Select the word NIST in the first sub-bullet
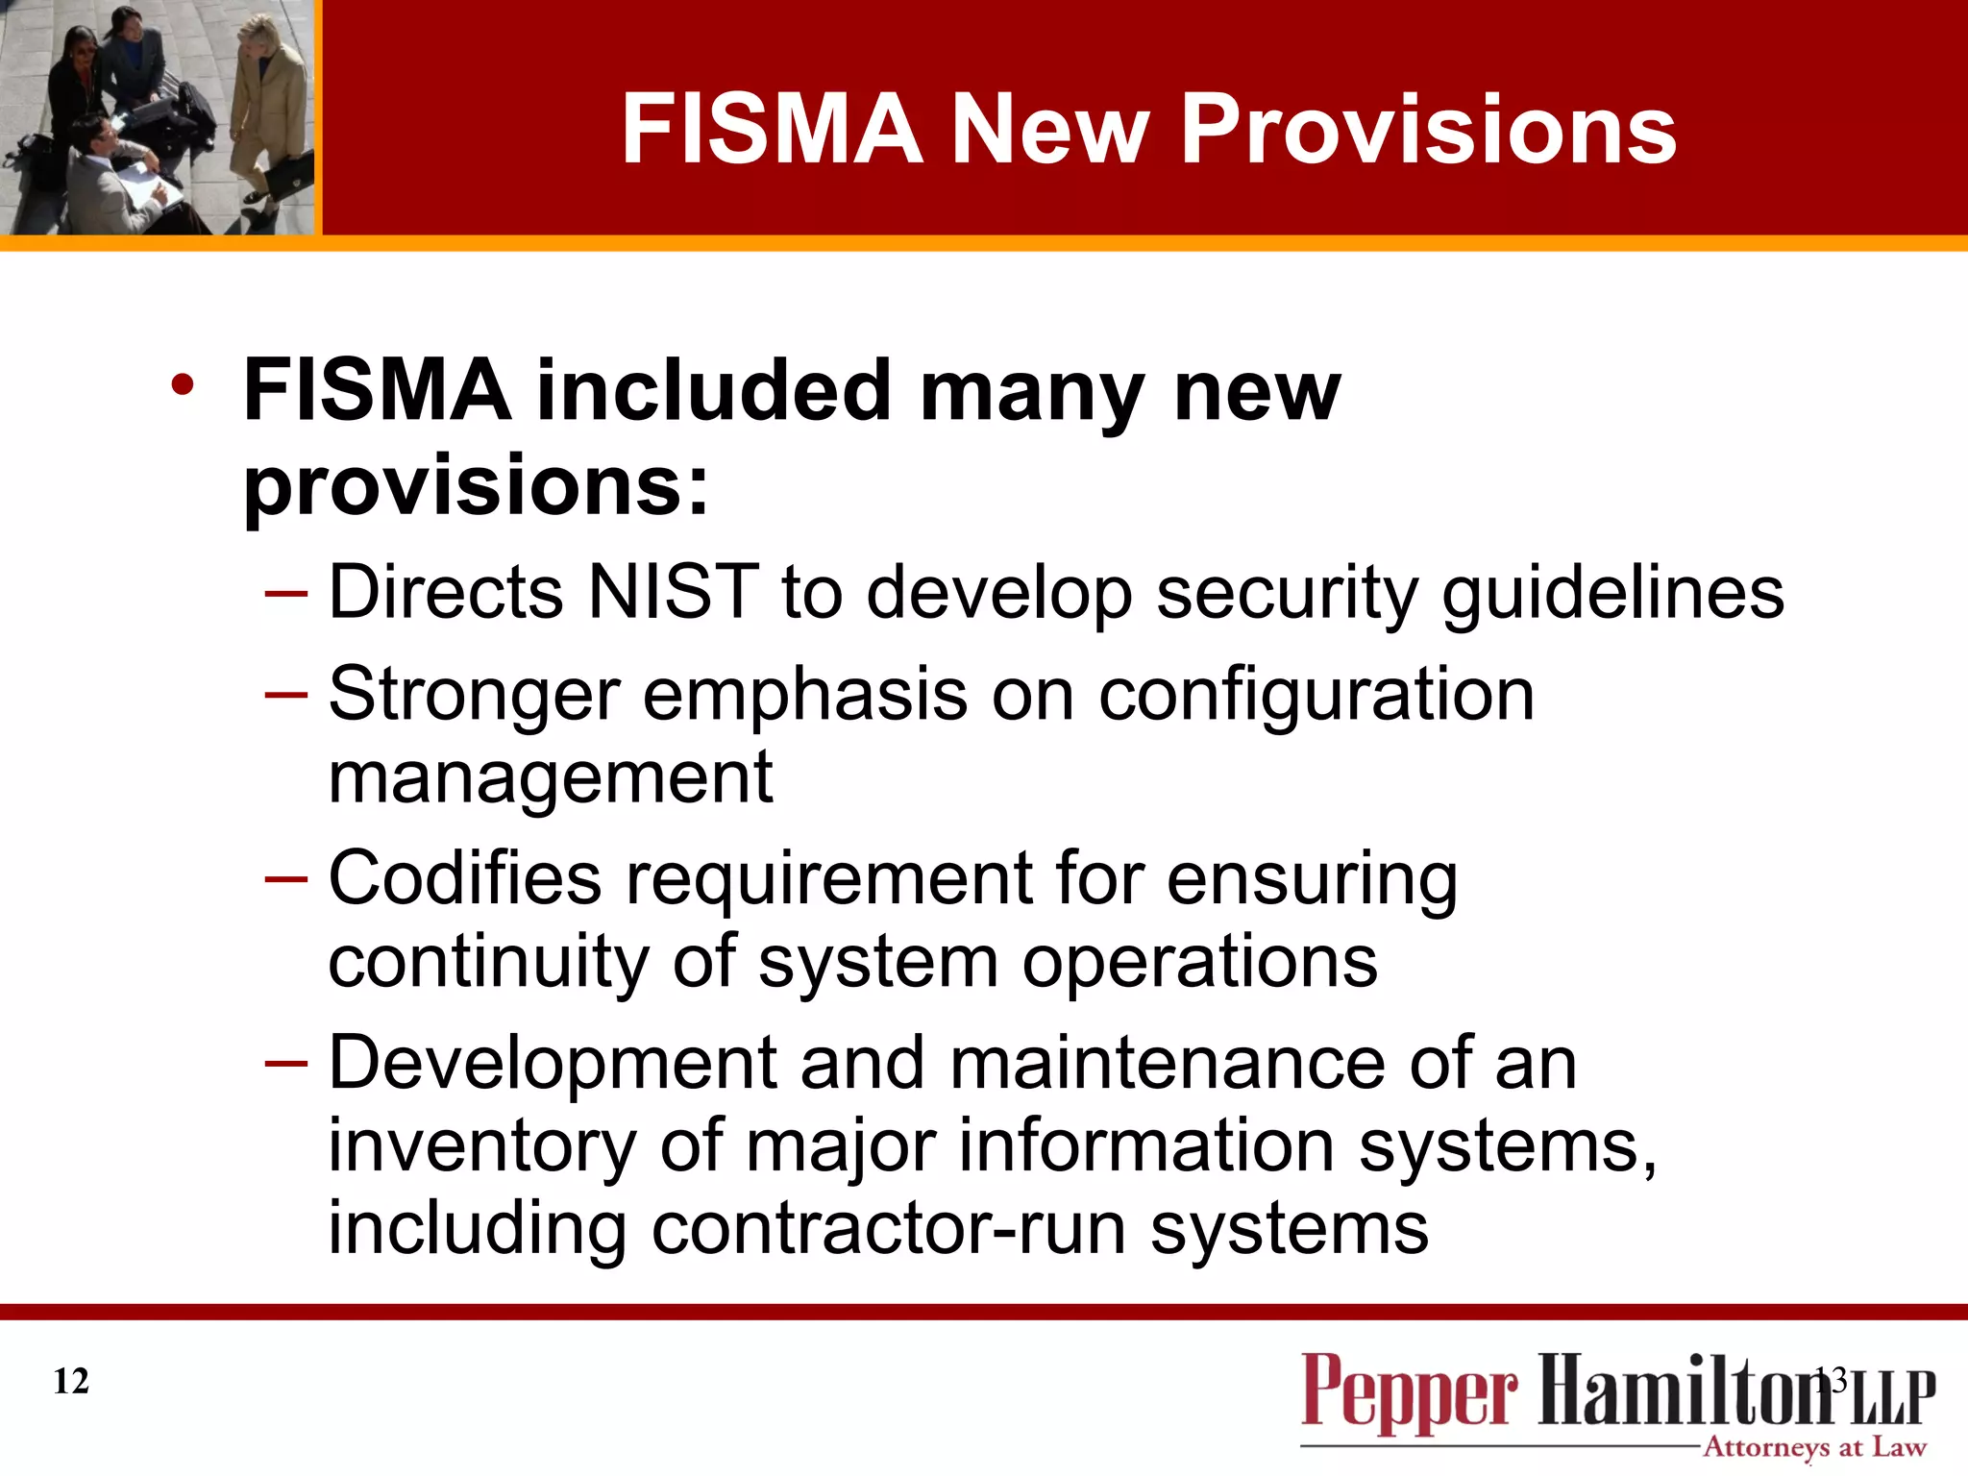[673, 592]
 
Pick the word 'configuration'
[1316, 695]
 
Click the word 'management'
[551, 777]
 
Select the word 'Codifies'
[465, 878]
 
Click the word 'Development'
[553, 1063]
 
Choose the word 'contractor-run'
[889, 1229]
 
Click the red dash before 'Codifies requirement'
[286, 879]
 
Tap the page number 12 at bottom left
[71, 1381]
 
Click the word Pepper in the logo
[1409, 1390]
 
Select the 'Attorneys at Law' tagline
[1814, 1447]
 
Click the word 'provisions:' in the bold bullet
[476, 484]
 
